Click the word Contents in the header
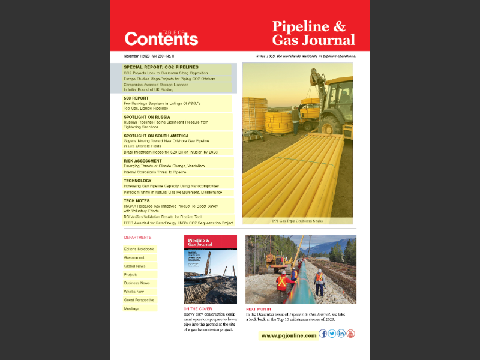coord(161,40)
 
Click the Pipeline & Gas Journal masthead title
coord(313,34)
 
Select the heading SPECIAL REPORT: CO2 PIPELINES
coord(161,67)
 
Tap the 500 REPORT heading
coord(136,98)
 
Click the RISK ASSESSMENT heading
coord(143,161)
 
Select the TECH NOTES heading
coord(137,200)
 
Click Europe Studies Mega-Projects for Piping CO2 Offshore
coord(169,79)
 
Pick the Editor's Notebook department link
coord(139,249)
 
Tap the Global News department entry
coord(134,266)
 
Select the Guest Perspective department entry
coord(139,300)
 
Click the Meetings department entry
coord(131,308)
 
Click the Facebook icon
coord(323,334)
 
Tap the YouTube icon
coord(350,334)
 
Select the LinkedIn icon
coord(341,334)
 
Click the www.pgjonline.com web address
coord(289,335)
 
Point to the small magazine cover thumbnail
coord(210,269)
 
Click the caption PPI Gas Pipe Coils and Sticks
coord(298,221)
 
